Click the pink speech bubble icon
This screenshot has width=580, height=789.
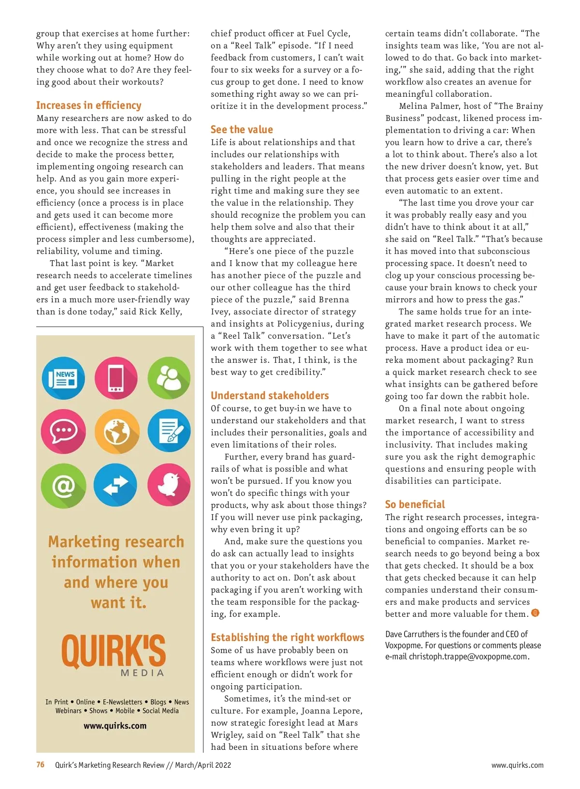[63, 431]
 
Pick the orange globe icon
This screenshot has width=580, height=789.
[116, 431]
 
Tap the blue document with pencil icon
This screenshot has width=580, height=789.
[169, 431]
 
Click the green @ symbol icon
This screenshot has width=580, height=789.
[63, 485]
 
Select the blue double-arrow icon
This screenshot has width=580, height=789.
[116, 485]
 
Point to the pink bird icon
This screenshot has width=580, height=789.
[169, 485]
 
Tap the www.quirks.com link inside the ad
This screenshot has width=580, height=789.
[115, 726]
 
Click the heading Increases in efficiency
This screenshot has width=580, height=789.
[89, 105]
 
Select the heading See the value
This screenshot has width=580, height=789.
[242, 130]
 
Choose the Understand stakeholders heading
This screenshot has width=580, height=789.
[270, 396]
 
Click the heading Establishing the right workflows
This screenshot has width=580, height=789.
[288, 638]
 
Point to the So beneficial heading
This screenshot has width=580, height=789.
[415, 505]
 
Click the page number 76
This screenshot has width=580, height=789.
[41, 765]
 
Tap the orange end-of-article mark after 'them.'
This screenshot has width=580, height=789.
[535, 613]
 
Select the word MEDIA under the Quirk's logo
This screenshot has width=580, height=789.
[142, 673]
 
